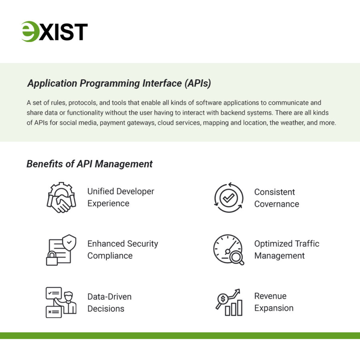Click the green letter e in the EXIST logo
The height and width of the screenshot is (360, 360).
pyautogui.click(x=30, y=32)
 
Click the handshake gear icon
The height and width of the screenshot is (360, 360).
pyautogui.click(x=61, y=198)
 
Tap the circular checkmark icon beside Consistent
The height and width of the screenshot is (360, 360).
pyautogui.click(x=229, y=198)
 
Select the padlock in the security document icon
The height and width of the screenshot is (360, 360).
pyautogui.click(x=52, y=259)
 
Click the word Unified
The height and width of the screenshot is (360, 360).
pyautogui.click(x=101, y=192)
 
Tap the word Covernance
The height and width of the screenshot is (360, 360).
pyautogui.click(x=276, y=204)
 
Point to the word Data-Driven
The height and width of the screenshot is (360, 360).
pyautogui.click(x=109, y=297)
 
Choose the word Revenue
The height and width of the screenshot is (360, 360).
pyautogui.click(x=270, y=296)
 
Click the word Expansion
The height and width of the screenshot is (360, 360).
pyautogui.click(x=274, y=308)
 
